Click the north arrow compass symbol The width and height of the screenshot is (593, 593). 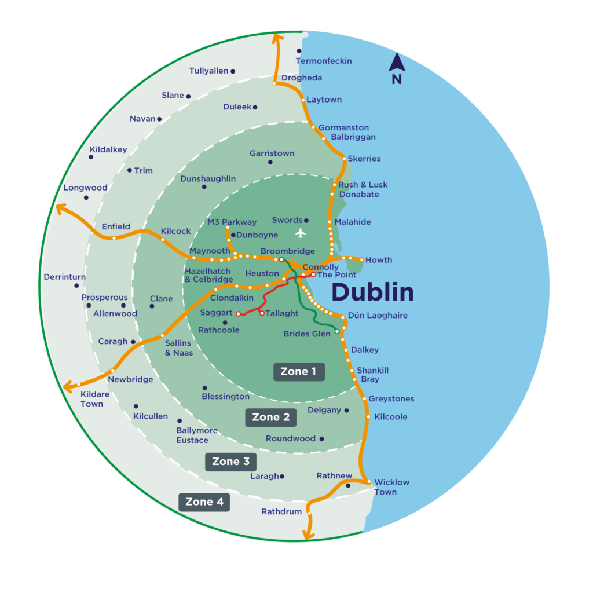(x=397, y=69)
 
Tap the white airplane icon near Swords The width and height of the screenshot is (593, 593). (x=300, y=233)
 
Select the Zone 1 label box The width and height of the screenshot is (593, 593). (x=299, y=372)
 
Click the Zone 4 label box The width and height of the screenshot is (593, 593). (x=204, y=502)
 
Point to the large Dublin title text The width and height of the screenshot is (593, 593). (x=372, y=292)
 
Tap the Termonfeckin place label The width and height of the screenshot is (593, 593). (x=324, y=61)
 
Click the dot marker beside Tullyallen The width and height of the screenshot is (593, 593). (x=233, y=71)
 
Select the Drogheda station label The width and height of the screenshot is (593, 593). (x=302, y=78)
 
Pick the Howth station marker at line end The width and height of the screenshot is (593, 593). (x=362, y=260)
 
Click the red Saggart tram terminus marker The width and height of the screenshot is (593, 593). (x=239, y=314)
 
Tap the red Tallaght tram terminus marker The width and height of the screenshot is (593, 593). (x=262, y=313)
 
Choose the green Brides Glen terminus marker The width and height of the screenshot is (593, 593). (x=337, y=332)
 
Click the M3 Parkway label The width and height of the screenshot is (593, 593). (x=232, y=222)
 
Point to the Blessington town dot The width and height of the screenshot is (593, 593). (x=204, y=388)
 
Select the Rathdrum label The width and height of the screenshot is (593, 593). (x=281, y=511)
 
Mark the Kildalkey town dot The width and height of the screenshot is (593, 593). (x=91, y=157)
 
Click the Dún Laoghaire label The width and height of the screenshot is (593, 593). (x=378, y=316)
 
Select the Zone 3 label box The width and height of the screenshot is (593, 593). (x=230, y=462)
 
